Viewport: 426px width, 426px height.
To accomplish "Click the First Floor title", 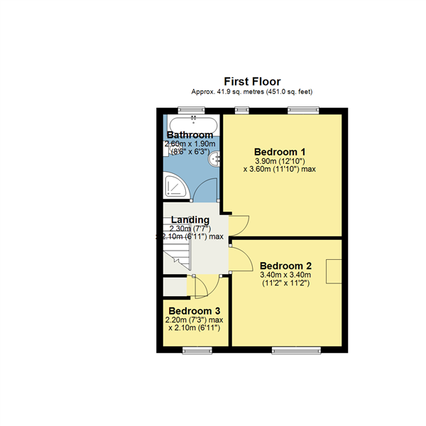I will click(252, 82).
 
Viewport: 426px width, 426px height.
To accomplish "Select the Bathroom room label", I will click(190, 135).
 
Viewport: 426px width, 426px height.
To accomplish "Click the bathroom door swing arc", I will click(206, 190).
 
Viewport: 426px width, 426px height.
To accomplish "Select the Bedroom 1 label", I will click(280, 151).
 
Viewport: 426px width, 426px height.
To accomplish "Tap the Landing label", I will click(190, 219).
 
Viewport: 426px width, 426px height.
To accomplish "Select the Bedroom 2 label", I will click(285, 265).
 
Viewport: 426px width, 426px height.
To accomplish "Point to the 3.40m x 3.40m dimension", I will click(285, 275).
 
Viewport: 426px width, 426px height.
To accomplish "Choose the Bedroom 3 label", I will click(194, 311).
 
